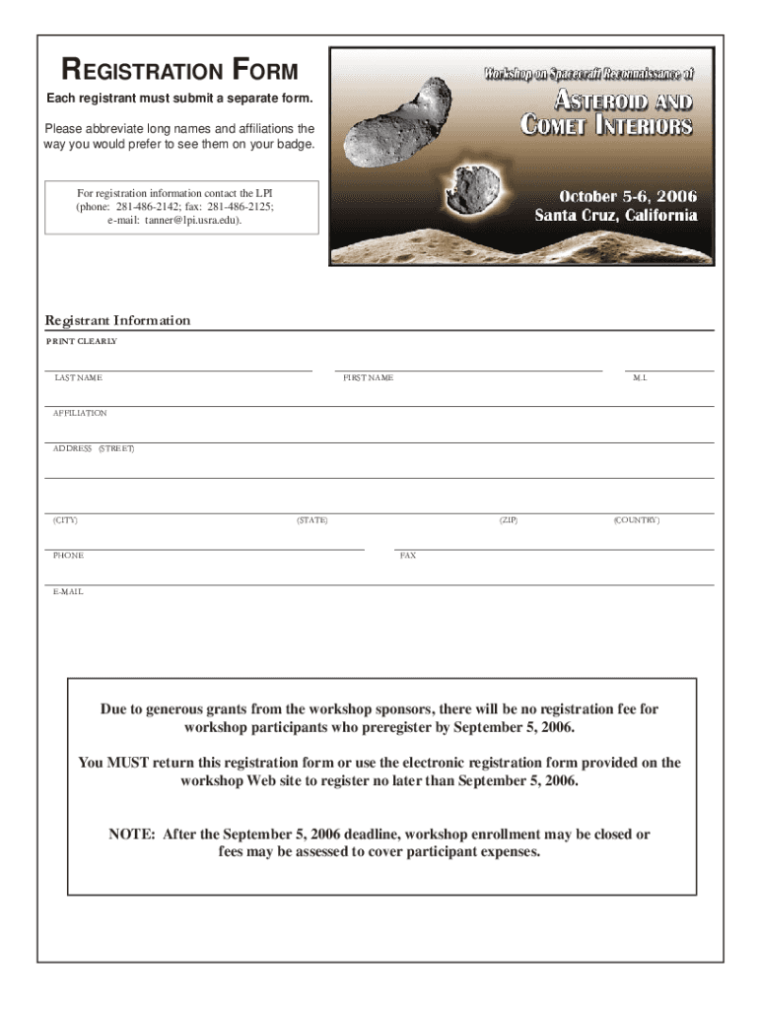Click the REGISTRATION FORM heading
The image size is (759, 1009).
pos(179,71)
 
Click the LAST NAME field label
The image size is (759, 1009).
pos(78,378)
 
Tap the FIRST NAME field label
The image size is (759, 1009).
pos(368,378)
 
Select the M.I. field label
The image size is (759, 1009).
pos(640,378)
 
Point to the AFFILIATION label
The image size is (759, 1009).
pos(80,414)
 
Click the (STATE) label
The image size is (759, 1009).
pos(311,520)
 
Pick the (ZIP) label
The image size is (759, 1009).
pos(508,520)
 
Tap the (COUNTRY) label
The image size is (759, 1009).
pos(636,520)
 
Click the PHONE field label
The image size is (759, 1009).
pos(68,556)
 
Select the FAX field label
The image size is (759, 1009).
pos(408,556)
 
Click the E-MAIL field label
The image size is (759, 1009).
pos(68,592)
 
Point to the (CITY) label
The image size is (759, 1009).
pos(65,520)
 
